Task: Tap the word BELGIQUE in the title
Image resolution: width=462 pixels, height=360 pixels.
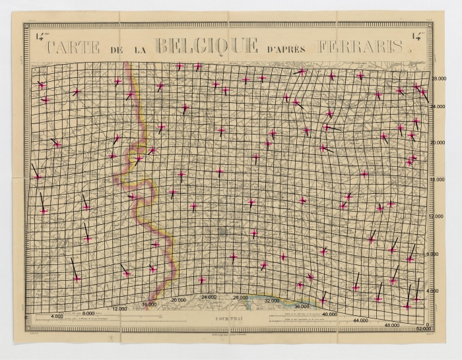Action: (x=205, y=45)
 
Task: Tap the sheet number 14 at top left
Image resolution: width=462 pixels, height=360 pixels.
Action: (x=39, y=37)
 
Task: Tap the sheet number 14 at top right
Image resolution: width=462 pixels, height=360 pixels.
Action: (x=418, y=37)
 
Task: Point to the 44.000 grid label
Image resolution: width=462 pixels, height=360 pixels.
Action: (x=361, y=320)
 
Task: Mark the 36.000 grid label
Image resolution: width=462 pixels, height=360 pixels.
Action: (x=303, y=307)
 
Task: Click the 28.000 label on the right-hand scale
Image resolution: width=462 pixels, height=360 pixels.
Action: (x=438, y=78)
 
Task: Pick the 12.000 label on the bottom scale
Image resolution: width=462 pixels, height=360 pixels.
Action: (x=119, y=309)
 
